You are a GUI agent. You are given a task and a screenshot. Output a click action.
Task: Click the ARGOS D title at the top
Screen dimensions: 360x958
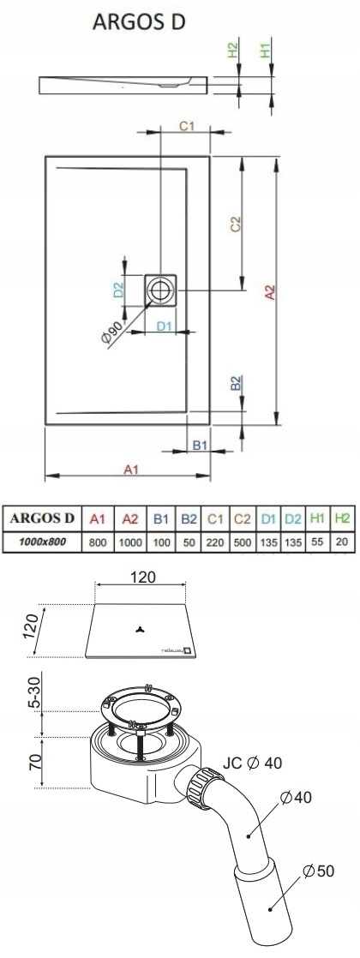[139, 22]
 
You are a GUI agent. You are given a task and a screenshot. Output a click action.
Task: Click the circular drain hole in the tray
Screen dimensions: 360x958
[161, 290]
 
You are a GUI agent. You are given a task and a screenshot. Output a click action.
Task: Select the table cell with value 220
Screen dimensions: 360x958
[214, 542]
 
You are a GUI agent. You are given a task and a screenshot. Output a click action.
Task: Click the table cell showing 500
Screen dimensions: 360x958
[242, 542]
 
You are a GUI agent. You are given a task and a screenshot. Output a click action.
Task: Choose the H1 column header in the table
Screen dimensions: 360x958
[316, 518]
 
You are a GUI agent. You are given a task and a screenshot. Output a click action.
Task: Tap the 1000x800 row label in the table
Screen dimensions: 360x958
[42, 542]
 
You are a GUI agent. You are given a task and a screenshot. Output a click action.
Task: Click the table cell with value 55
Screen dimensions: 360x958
[317, 542]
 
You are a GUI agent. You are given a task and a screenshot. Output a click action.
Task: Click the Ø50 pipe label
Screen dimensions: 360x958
[319, 870]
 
